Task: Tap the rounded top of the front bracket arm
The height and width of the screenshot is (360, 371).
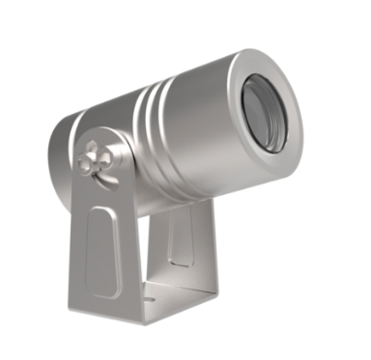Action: tap(92, 135)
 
